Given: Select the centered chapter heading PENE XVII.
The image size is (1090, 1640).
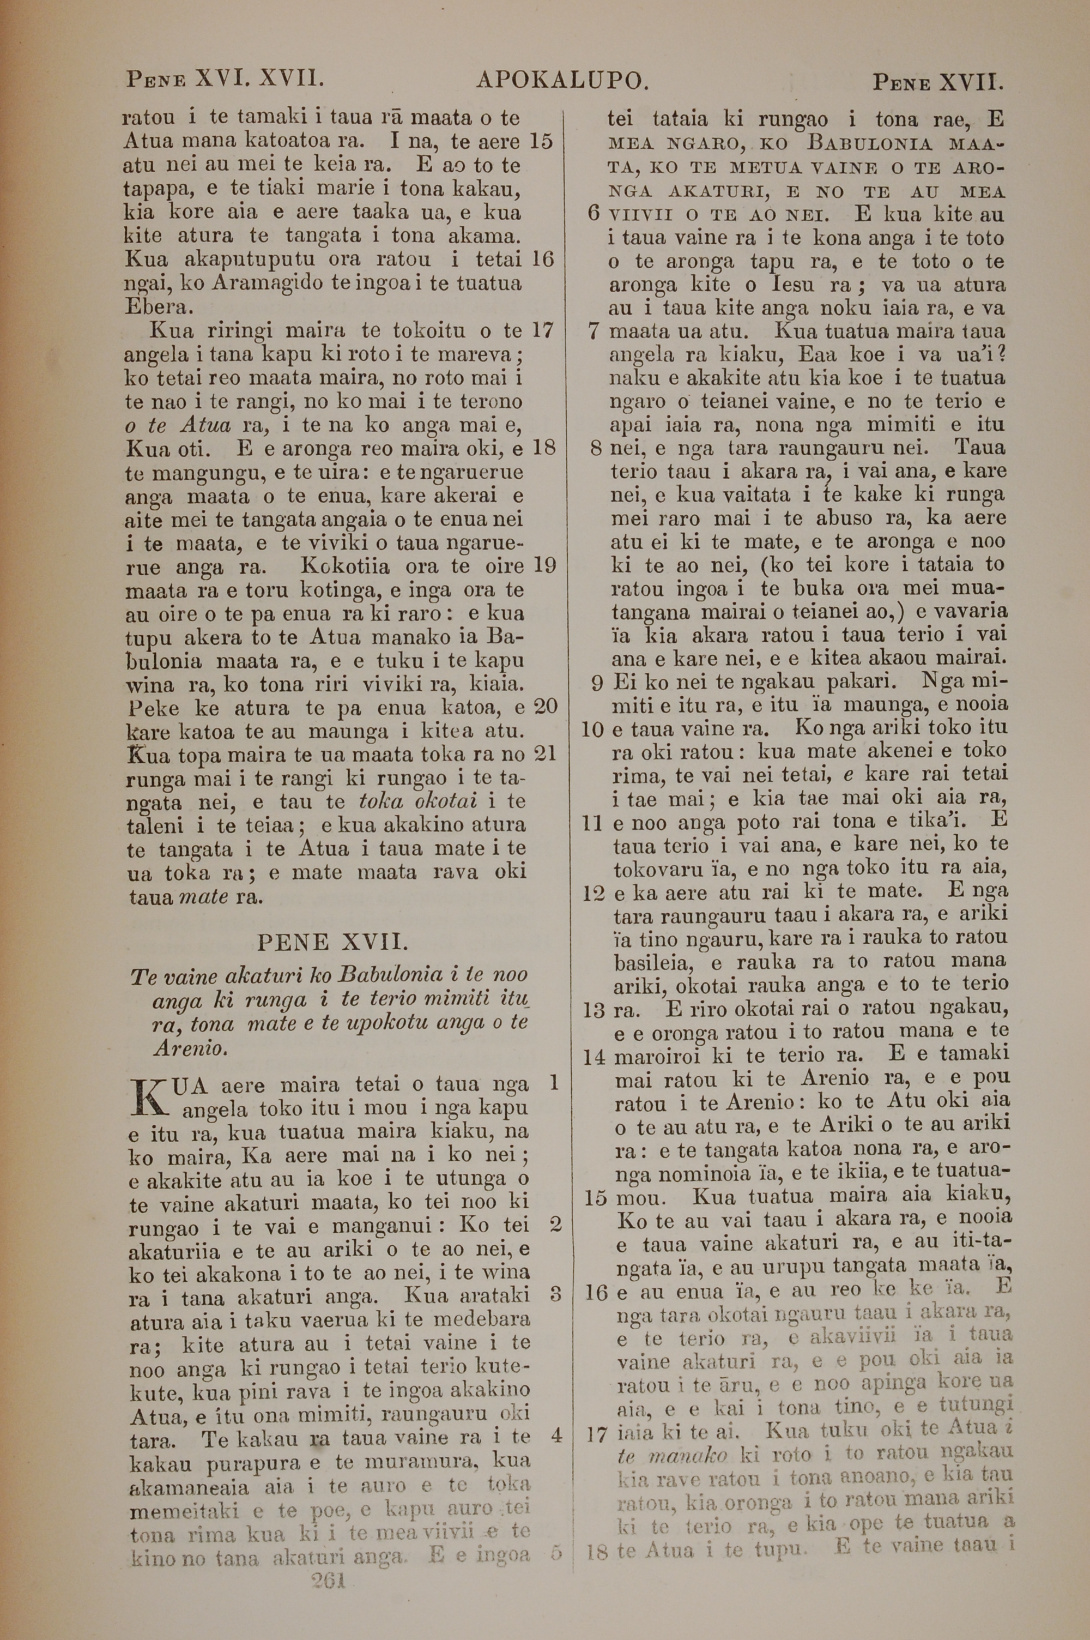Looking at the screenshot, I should (x=333, y=943).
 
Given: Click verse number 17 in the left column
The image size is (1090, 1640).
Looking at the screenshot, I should (x=543, y=329).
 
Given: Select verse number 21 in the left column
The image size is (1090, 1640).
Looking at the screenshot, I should (x=545, y=753).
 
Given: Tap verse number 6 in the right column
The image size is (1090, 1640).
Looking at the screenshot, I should (x=593, y=213).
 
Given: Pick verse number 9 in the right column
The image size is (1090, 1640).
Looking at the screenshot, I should (x=596, y=683).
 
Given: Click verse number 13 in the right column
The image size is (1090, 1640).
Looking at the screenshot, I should (x=594, y=1009).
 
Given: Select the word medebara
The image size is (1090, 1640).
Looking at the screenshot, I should (x=490, y=1319).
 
